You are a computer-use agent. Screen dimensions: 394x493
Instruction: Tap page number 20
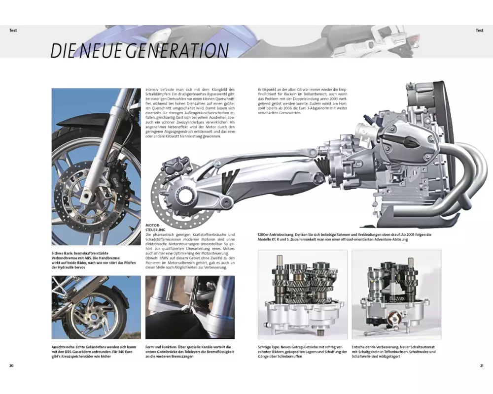pos(11,365)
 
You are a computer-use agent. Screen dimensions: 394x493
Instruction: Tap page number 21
pos(482,365)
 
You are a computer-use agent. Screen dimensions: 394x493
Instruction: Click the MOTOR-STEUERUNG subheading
pos(155,227)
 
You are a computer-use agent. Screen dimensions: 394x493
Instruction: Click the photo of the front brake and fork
pos(96,166)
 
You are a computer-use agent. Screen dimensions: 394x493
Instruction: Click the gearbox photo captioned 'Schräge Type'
pos(302,295)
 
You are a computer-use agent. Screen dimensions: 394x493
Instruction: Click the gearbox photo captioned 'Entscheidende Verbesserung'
pos(396,295)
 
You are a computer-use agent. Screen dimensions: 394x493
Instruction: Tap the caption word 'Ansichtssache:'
pos(66,347)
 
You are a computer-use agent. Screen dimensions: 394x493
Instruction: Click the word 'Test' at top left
pos(13,31)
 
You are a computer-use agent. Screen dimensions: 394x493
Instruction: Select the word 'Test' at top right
pos(479,31)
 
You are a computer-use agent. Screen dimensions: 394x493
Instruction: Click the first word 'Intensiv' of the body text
pos(153,90)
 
